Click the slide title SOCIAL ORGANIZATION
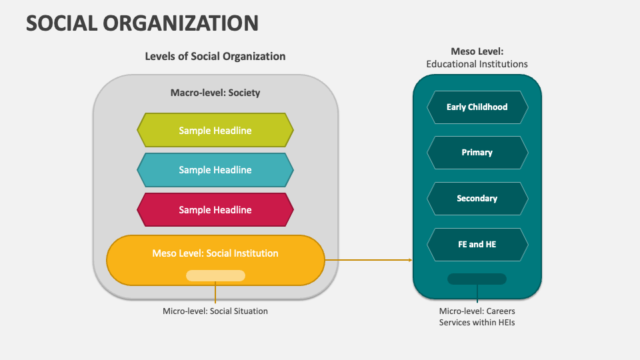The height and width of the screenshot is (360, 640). coord(142,23)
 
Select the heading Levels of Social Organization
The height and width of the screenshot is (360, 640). coord(215,56)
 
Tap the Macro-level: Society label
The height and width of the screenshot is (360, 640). coord(215,93)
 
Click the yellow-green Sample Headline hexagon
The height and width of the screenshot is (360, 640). coord(215,130)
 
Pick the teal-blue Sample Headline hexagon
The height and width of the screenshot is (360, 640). coord(215,170)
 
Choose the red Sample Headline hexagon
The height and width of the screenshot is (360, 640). coord(215,210)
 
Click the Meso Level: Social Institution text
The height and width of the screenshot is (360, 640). coord(215,253)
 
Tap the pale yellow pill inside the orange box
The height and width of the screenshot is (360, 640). coord(215,275)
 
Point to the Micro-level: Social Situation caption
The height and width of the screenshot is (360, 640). coord(215,311)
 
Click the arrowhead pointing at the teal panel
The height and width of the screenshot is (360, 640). coord(410,259)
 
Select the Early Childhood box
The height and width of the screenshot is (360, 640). coord(477,107)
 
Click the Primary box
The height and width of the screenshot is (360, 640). coord(477,153)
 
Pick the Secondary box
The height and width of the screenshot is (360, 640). coord(477,199)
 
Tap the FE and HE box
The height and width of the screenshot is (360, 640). coord(477,245)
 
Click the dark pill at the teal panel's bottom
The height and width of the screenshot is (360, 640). coord(477,279)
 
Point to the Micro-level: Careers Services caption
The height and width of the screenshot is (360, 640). coord(477,317)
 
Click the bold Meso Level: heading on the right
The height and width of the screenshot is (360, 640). coord(477,51)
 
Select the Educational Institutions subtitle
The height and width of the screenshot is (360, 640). coord(477,64)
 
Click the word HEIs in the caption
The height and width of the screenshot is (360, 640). coord(505,323)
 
